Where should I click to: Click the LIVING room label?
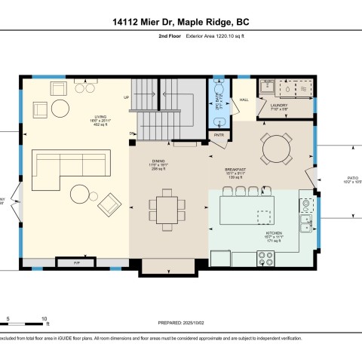pos(97,117)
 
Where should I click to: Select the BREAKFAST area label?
pos(235,169)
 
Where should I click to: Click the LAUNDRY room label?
pos(280,105)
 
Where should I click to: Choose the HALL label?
pos(244,100)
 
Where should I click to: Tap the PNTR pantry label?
pos(220,134)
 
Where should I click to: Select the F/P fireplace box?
pos(77,263)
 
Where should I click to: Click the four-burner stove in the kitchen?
pos(266,259)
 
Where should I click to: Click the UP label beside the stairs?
pos(127,98)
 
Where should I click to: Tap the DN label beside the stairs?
pos(131,133)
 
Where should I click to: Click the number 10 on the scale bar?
pos(46,318)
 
